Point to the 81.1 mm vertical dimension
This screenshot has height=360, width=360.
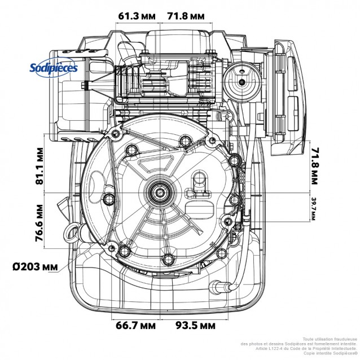[39, 166]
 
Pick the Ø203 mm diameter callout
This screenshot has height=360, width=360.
[35, 265]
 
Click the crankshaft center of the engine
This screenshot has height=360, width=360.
[161, 194]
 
